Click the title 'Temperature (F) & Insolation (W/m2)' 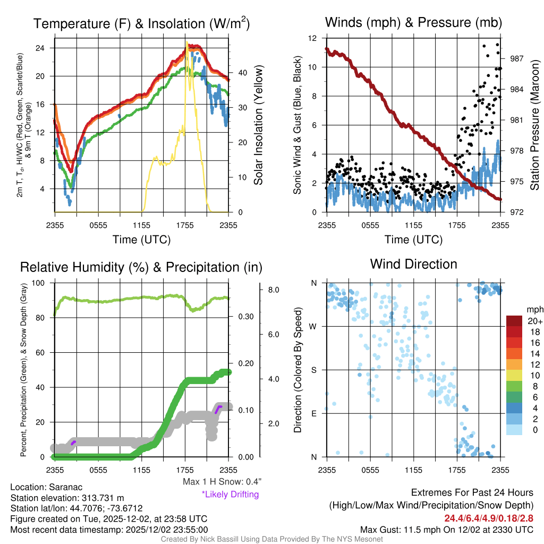pyautogui.click(x=141, y=23)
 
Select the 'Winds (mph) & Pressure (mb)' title pyautogui.click(x=413, y=22)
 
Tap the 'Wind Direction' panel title pyautogui.click(x=413, y=264)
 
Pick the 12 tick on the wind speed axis pyautogui.click(x=312, y=38)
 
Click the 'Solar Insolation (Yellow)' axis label pyautogui.click(x=259, y=125)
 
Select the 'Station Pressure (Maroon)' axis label pyautogui.click(x=535, y=126)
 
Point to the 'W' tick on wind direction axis pyautogui.click(x=313, y=327)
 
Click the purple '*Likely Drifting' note pyautogui.click(x=230, y=495)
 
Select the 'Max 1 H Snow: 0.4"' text pyautogui.click(x=222, y=482)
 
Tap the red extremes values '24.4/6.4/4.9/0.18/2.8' pyautogui.click(x=488, y=517)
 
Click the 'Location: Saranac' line pyautogui.click(x=46, y=487)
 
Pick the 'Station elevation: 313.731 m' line pyautogui.click(x=67, y=498)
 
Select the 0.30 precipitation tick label pyautogui.click(x=245, y=317)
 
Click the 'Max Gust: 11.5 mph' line pyautogui.click(x=446, y=529)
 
